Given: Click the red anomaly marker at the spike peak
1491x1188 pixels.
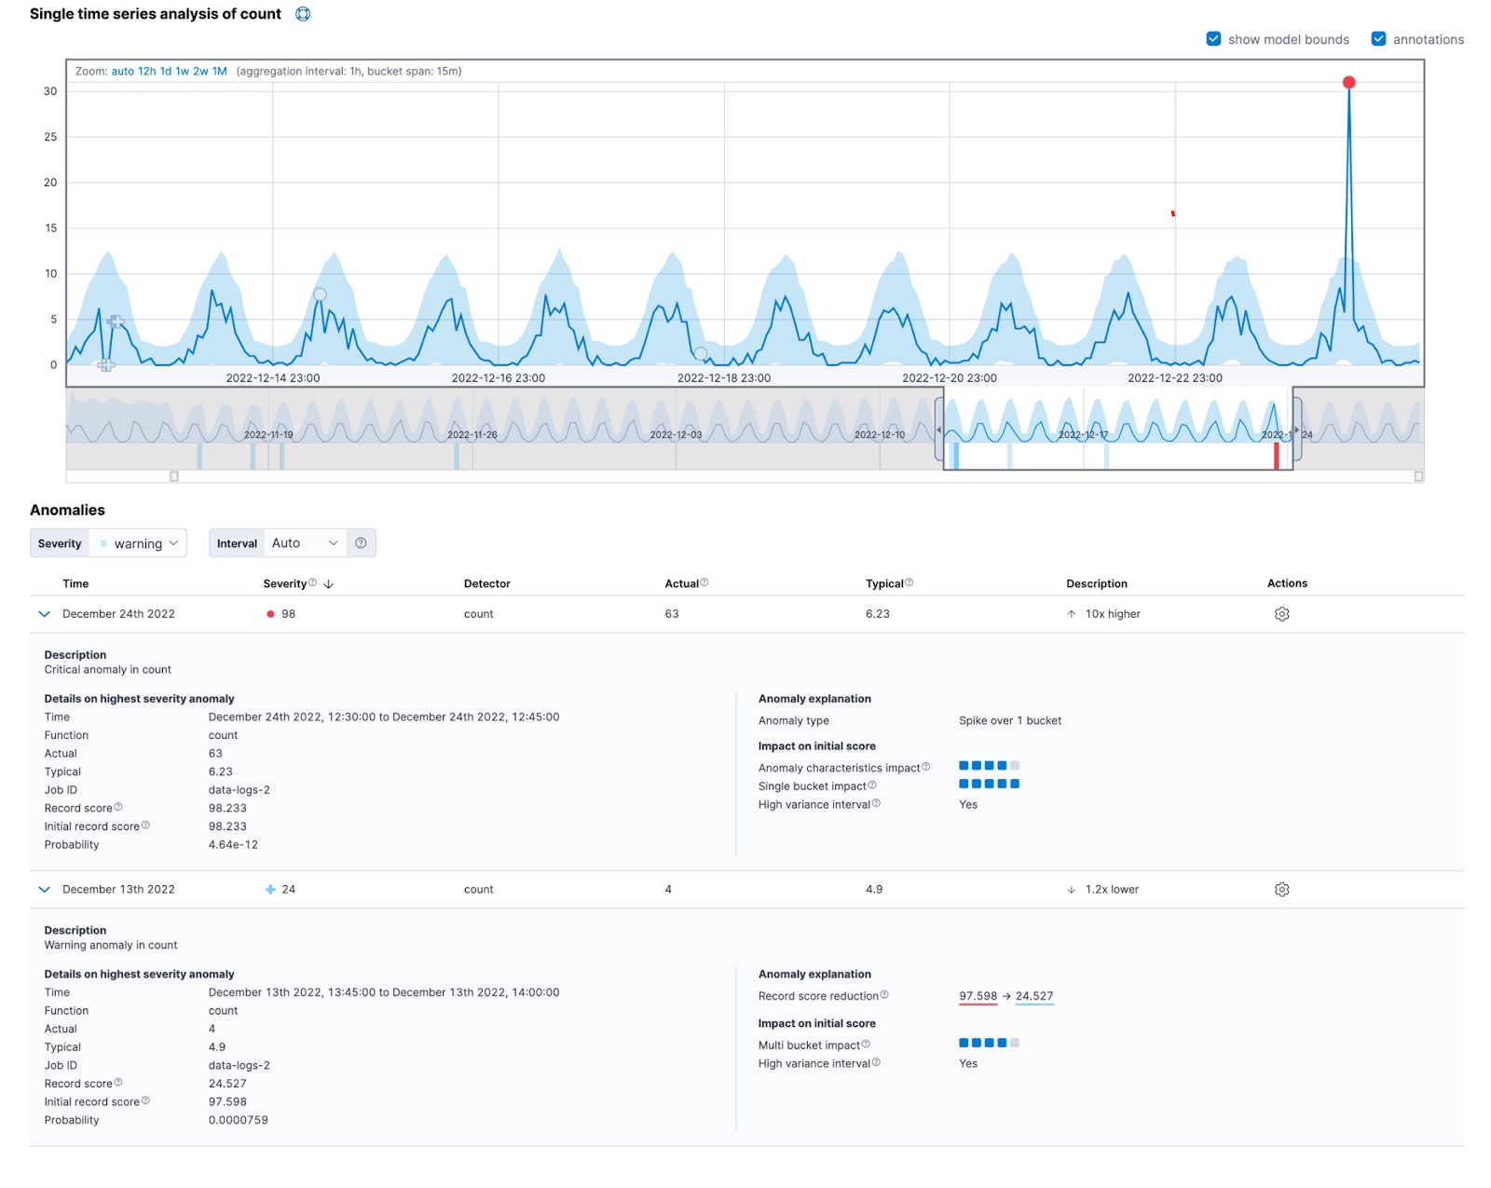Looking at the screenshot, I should (x=1348, y=83).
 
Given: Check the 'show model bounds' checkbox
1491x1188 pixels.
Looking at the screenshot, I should (x=1213, y=39).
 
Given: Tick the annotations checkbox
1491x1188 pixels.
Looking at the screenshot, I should (x=1378, y=39).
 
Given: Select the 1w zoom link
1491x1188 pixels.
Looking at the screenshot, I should (x=182, y=72).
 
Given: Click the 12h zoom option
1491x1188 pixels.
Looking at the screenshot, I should (x=146, y=72).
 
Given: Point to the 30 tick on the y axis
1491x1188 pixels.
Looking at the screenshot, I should (x=50, y=91).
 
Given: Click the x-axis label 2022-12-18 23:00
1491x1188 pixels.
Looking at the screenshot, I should (x=723, y=378).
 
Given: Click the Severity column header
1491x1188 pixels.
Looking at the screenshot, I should (x=285, y=584).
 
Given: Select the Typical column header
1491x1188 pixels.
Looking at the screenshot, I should (x=883, y=584).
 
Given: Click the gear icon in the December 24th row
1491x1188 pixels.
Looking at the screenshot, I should (x=1281, y=614).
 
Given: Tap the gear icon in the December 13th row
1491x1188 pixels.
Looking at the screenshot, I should (x=1281, y=890).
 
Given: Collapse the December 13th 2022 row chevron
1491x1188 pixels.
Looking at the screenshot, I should (x=44, y=890).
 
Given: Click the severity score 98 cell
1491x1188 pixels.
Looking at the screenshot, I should (x=288, y=614).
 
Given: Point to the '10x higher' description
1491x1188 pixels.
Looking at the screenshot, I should (x=1112, y=614).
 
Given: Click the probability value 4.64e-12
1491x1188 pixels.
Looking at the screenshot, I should (x=233, y=845).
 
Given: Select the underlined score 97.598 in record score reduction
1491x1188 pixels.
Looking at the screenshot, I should (x=978, y=996).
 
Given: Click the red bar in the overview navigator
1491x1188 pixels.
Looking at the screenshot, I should (x=1276, y=456).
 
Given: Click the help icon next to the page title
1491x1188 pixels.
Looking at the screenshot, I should (x=303, y=14).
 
